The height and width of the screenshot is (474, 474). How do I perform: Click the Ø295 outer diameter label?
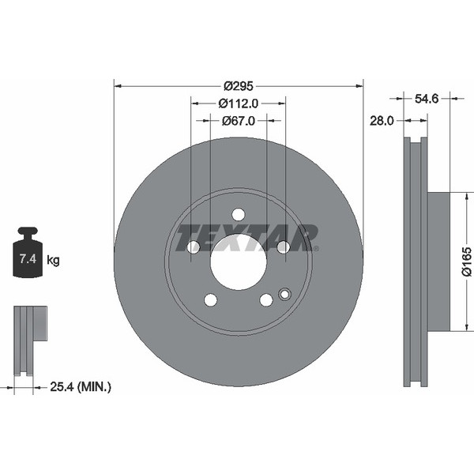(x=239, y=86)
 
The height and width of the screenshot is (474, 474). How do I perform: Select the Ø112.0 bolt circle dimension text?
(x=239, y=103)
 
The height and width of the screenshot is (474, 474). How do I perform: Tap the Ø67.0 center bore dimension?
(x=239, y=121)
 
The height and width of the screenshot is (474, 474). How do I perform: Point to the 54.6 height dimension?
(x=427, y=99)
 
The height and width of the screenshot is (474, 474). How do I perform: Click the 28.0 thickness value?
(x=382, y=121)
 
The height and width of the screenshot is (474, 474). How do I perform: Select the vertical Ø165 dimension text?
(x=466, y=261)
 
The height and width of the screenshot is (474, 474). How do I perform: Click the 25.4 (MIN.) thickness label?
(x=81, y=386)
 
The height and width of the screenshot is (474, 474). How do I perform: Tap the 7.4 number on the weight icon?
(x=28, y=259)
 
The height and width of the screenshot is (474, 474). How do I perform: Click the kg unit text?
(x=53, y=260)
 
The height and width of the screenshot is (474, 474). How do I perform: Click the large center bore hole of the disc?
(x=239, y=262)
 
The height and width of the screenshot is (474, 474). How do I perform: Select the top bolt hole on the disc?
(x=239, y=215)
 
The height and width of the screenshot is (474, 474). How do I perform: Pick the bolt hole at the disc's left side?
(x=194, y=247)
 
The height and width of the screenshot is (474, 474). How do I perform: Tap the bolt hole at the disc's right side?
(x=284, y=247)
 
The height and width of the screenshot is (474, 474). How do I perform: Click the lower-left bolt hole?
(x=211, y=300)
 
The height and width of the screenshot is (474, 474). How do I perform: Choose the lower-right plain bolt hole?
(x=266, y=300)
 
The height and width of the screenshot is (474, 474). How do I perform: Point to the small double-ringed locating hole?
(x=284, y=294)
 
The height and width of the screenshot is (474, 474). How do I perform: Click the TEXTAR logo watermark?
(x=247, y=239)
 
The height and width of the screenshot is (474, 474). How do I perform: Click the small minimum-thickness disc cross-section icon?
(x=30, y=340)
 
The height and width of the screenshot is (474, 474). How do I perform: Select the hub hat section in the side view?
(x=439, y=261)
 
